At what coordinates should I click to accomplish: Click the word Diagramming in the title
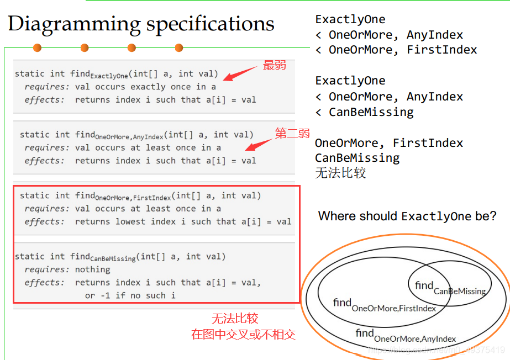coord(74,24)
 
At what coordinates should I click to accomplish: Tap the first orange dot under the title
coord(37,48)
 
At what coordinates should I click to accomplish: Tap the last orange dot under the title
coord(179,48)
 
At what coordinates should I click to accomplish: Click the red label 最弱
coord(275,65)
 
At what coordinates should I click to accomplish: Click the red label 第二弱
coord(292,133)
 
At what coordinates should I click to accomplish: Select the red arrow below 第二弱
coord(258,143)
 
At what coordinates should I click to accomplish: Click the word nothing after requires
coord(93,269)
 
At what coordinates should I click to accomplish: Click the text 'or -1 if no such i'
coord(130,295)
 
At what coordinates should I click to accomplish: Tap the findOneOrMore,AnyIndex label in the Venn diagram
coord(406,335)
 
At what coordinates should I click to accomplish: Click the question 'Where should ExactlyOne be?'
coord(407,216)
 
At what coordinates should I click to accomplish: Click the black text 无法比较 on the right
coord(340,173)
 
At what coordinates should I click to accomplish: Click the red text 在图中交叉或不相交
coord(243,334)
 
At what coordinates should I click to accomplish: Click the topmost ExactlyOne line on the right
coord(350,19)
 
